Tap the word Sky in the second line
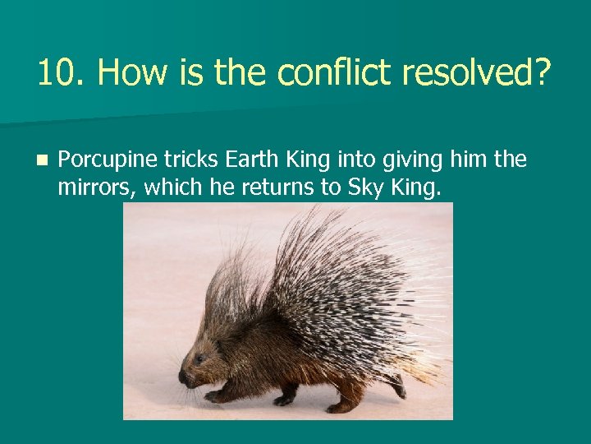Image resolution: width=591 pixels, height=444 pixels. tap(362, 187)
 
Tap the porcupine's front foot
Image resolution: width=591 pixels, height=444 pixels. tap(215, 397)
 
